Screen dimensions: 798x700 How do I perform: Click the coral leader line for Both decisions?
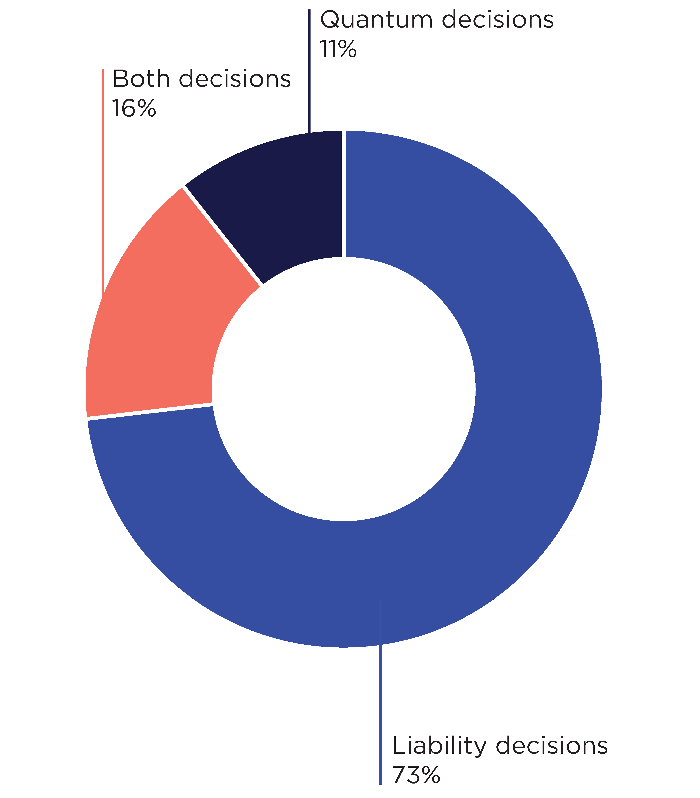[103, 176]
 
